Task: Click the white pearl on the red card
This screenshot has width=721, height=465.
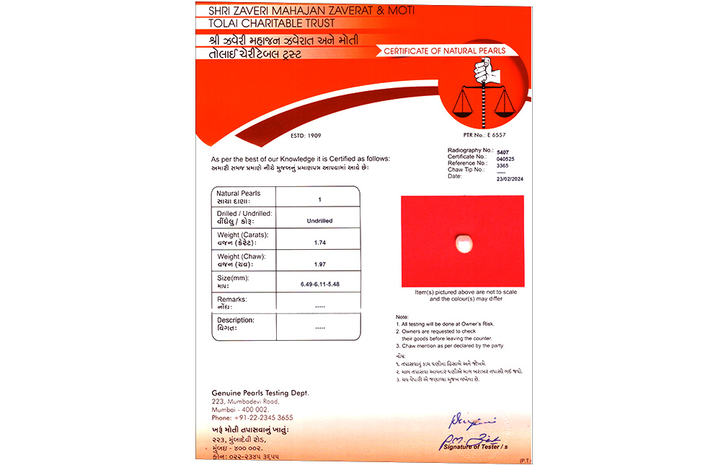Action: point(462,243)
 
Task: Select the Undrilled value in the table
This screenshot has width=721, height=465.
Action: point(319,220)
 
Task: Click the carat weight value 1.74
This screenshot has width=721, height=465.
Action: point(319,242)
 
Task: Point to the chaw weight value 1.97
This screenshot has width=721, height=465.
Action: point(319,264)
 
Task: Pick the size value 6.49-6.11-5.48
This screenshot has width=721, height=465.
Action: point(319,284)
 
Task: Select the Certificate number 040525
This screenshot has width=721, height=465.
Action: point(506,157)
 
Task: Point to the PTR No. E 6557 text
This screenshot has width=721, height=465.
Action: point(485,135)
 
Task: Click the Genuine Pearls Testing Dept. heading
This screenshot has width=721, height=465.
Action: point(260,392)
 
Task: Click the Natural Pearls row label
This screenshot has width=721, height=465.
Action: point(239,194)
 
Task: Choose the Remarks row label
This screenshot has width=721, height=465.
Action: point(231,299)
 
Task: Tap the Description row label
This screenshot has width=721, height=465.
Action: point(236,320)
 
